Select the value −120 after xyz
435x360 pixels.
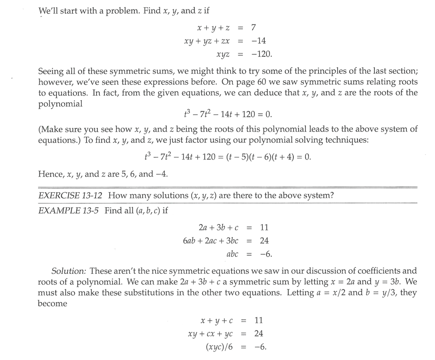[261, 54]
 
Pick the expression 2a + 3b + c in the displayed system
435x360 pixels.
[218, 227]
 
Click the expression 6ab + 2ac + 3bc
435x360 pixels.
[211, 241]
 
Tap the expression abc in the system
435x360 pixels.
[232, 254]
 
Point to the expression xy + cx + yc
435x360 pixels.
[213, 334]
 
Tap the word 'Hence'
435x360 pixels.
[49, 174]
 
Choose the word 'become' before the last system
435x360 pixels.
[52, 303]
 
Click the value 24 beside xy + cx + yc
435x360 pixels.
[259, 334]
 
